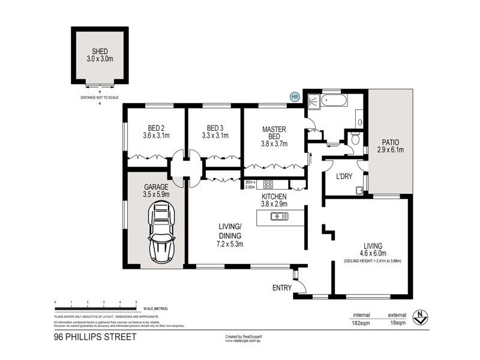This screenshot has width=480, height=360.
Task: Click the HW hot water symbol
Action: pos(295,96)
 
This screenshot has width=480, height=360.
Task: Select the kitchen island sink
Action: pos(278,217)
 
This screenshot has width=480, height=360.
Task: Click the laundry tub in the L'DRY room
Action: pos(359,191)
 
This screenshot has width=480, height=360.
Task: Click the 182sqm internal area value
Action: pos(361,323)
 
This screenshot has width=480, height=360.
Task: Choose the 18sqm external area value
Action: pos(397,323)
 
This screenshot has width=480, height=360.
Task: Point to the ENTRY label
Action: pos(282,288)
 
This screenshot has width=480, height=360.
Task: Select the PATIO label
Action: pos(390,142)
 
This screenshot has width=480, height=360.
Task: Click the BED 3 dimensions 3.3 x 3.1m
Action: pos(214,136)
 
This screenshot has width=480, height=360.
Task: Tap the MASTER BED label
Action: pos(274,133)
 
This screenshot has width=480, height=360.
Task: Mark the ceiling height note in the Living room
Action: pos(373,261)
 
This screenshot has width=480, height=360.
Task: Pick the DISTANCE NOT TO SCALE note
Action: pos(100,97)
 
